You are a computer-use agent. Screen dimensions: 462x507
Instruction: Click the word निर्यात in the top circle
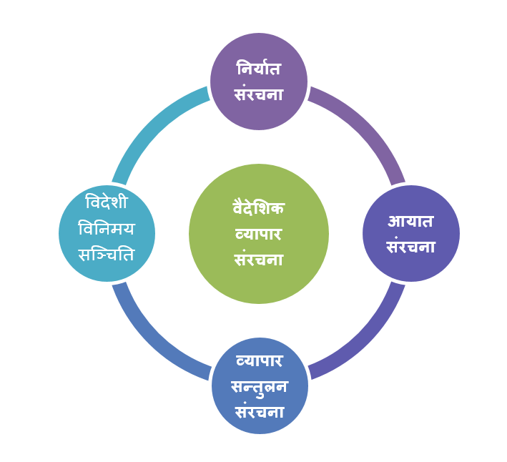point(259,69)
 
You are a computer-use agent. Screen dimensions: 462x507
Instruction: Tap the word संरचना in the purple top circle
point(259,94)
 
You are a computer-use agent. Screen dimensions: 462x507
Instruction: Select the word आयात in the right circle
point(410,222)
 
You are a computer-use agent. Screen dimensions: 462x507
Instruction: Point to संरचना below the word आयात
point(410,246)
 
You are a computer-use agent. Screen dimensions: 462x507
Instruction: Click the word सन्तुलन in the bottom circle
point(260,388)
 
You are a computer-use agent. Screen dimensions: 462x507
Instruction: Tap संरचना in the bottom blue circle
point(260,412)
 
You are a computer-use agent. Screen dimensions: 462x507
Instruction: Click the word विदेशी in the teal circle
point(107,202)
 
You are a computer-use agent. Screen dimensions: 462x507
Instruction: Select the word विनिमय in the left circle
point(107,229)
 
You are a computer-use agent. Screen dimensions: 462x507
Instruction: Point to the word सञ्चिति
point(107,255)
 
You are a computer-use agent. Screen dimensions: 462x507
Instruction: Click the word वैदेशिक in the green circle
point(258,208)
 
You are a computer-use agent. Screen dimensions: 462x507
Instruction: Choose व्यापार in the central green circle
point(258,234)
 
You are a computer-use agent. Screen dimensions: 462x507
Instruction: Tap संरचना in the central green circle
point(258,259)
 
